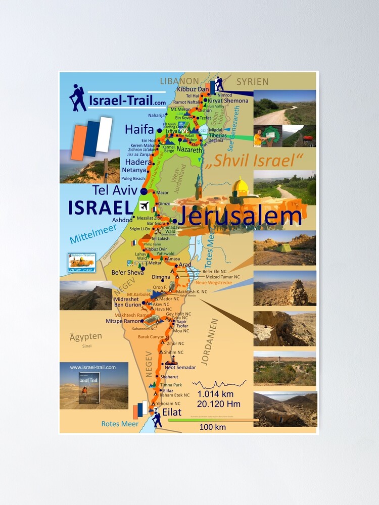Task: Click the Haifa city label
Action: [x=140, y=130]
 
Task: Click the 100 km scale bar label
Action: [x=212, y=427]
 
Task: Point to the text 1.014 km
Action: [x=215, y=393]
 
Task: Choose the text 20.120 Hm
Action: [x=219, y=403]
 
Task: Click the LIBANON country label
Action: [x=179, y=81]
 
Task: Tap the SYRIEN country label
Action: [x=253, y=81]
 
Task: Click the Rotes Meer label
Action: [x=120, y=424]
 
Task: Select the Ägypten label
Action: [x=86, y=336]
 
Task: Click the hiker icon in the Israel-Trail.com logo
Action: [x=78, y=97]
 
